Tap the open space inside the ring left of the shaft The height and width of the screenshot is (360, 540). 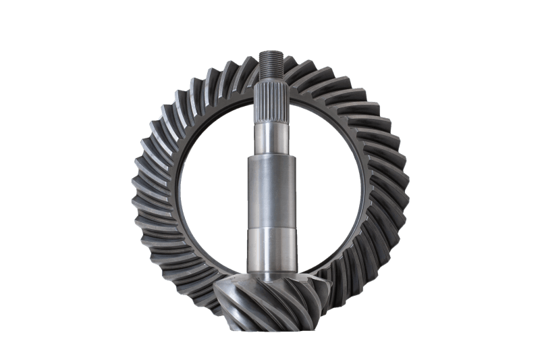[x=209, y=189]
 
